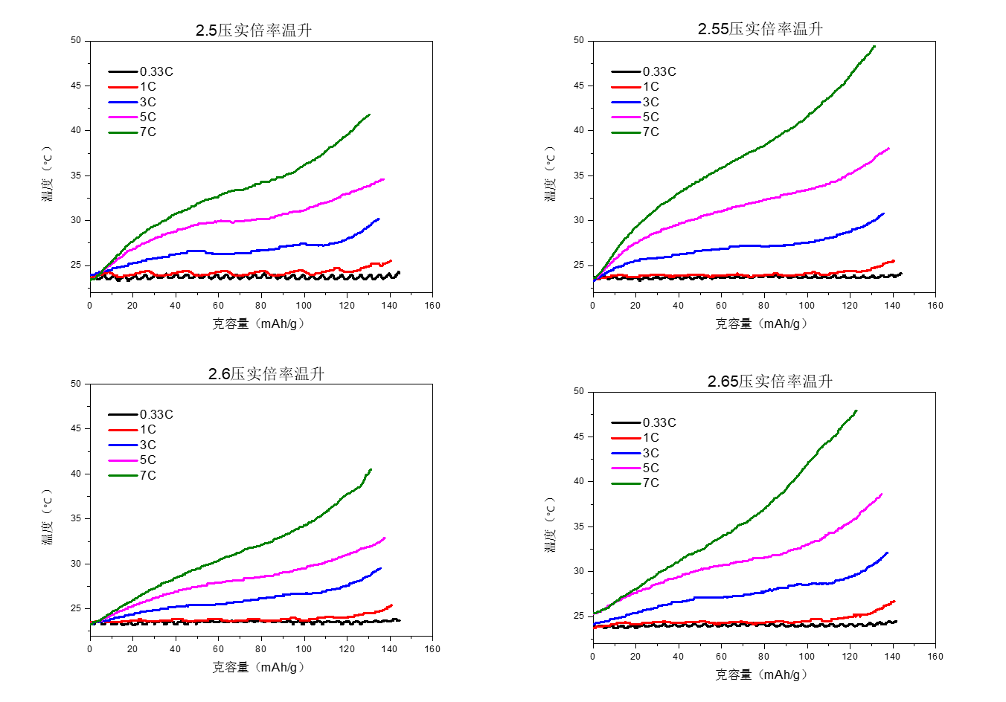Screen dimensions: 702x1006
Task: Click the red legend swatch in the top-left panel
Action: (x=123, y=87)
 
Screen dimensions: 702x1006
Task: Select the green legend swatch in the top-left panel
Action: (x=123, y=132)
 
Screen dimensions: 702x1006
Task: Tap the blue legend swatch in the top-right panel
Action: (x=626, y=102)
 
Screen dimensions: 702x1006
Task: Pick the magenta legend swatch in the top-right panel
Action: (x=626, y=117)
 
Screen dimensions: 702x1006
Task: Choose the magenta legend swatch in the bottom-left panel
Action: (x=123, y=460)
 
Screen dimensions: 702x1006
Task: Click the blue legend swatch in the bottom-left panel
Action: (x=123, y=445)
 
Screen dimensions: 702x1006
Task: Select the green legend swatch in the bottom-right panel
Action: (x=626, y=483)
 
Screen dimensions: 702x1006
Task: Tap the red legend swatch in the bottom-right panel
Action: (x=626, y=438)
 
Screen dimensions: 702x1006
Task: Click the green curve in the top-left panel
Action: (x=260, y=182)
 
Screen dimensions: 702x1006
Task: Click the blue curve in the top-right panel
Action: (x=744, y=246)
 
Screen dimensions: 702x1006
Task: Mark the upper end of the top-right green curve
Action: (x=874, y=46)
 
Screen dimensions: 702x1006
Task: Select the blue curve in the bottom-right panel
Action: (x=744, y=593)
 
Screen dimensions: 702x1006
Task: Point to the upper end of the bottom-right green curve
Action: (x=856, y=410)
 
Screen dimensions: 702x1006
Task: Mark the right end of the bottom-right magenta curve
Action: (x=882, y=494)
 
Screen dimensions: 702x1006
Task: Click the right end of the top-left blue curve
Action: (x=379, y=219)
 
